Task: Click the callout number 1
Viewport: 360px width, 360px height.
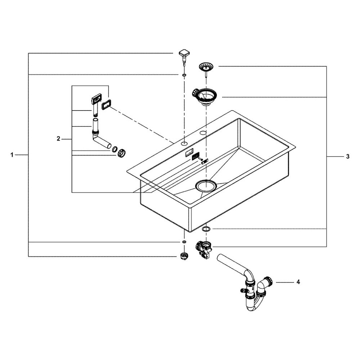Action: click(12, 155)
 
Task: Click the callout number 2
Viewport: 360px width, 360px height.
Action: click(58, 139)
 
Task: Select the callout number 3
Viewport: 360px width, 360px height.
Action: click(348, 156)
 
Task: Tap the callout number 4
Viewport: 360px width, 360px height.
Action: click(298, 282)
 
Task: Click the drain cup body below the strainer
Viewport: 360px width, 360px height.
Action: click(205, 97)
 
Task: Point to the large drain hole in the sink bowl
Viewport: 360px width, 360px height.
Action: click(206, 185)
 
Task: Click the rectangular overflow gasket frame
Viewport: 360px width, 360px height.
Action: click(105, 106)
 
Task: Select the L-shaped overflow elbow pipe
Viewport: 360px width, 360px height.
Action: click(99, 136)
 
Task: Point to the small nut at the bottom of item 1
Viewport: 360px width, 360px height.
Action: click(184, 256)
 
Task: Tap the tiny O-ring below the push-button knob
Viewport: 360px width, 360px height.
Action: click(184, 75)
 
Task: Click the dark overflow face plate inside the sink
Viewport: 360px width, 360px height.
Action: click(195, 156)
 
